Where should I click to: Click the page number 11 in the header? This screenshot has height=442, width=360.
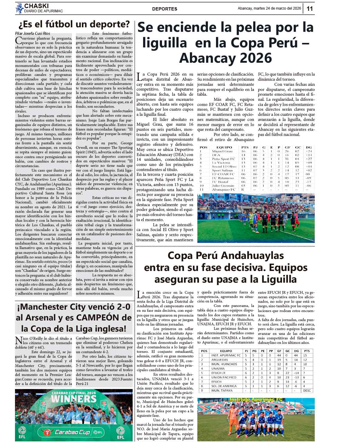coord(310,9)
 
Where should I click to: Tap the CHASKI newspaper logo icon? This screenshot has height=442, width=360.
coord(19,8)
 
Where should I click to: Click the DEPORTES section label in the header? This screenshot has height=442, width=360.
coord(164,9)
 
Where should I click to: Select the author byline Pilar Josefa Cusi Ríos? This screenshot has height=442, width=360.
coord(33,33)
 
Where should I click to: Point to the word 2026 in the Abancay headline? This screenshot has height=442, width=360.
coord(256,58)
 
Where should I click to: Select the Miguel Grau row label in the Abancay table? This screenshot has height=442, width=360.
coord(222,151)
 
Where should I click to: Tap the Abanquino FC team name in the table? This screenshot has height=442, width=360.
coord(223,189)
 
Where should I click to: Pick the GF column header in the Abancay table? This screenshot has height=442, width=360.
coord(287,147)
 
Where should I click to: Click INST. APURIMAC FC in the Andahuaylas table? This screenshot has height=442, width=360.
coord(226,355)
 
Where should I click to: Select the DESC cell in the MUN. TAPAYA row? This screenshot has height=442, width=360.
coord(307,391)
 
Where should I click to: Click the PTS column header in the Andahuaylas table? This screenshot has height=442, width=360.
coord(307,351)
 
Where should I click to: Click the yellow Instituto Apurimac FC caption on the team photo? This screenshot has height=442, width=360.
coord(256,399)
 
